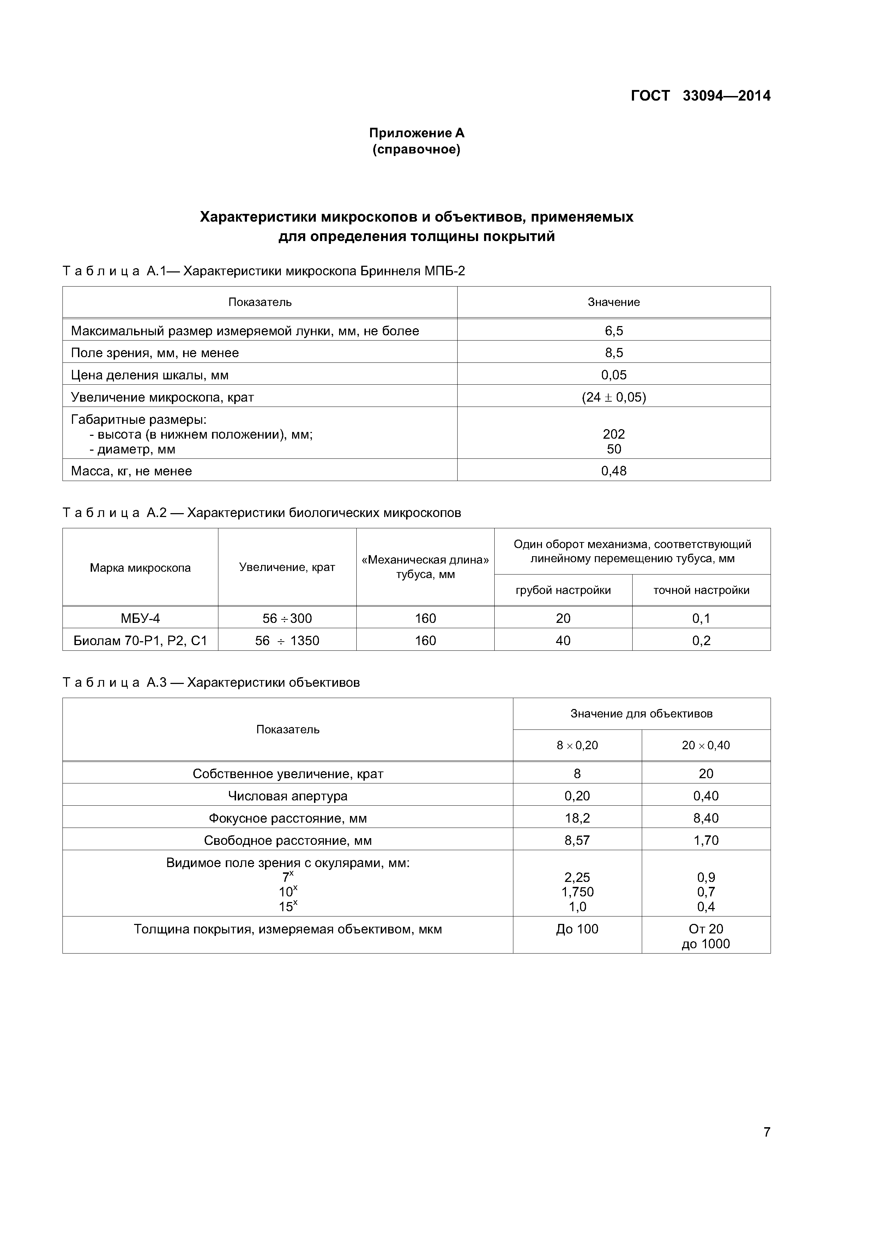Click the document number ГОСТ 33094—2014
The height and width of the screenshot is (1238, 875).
pyautogui.click(x=700, y=96)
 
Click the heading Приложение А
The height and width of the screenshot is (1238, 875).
pyautogui.click(x=416, y=133)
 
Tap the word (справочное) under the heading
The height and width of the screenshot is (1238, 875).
pyautogui.click(x=416, y=149)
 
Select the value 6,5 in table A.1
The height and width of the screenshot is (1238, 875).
pyautogui.click(x=614, y=331)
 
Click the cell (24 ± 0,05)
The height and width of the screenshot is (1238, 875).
pyautogui.click(x=614, y=397)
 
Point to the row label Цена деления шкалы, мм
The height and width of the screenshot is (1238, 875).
pyautogui.click(x=150, y=375)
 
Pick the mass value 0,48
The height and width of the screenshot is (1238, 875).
pyautogui.click(x=614, y=471)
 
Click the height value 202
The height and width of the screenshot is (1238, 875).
pyautogui.click(x=614, y=434)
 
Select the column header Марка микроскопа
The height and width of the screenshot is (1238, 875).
pyautogui.click(x=140, y=568)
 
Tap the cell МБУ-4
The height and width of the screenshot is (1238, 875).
pyautogui.click(x=140, y=618)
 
